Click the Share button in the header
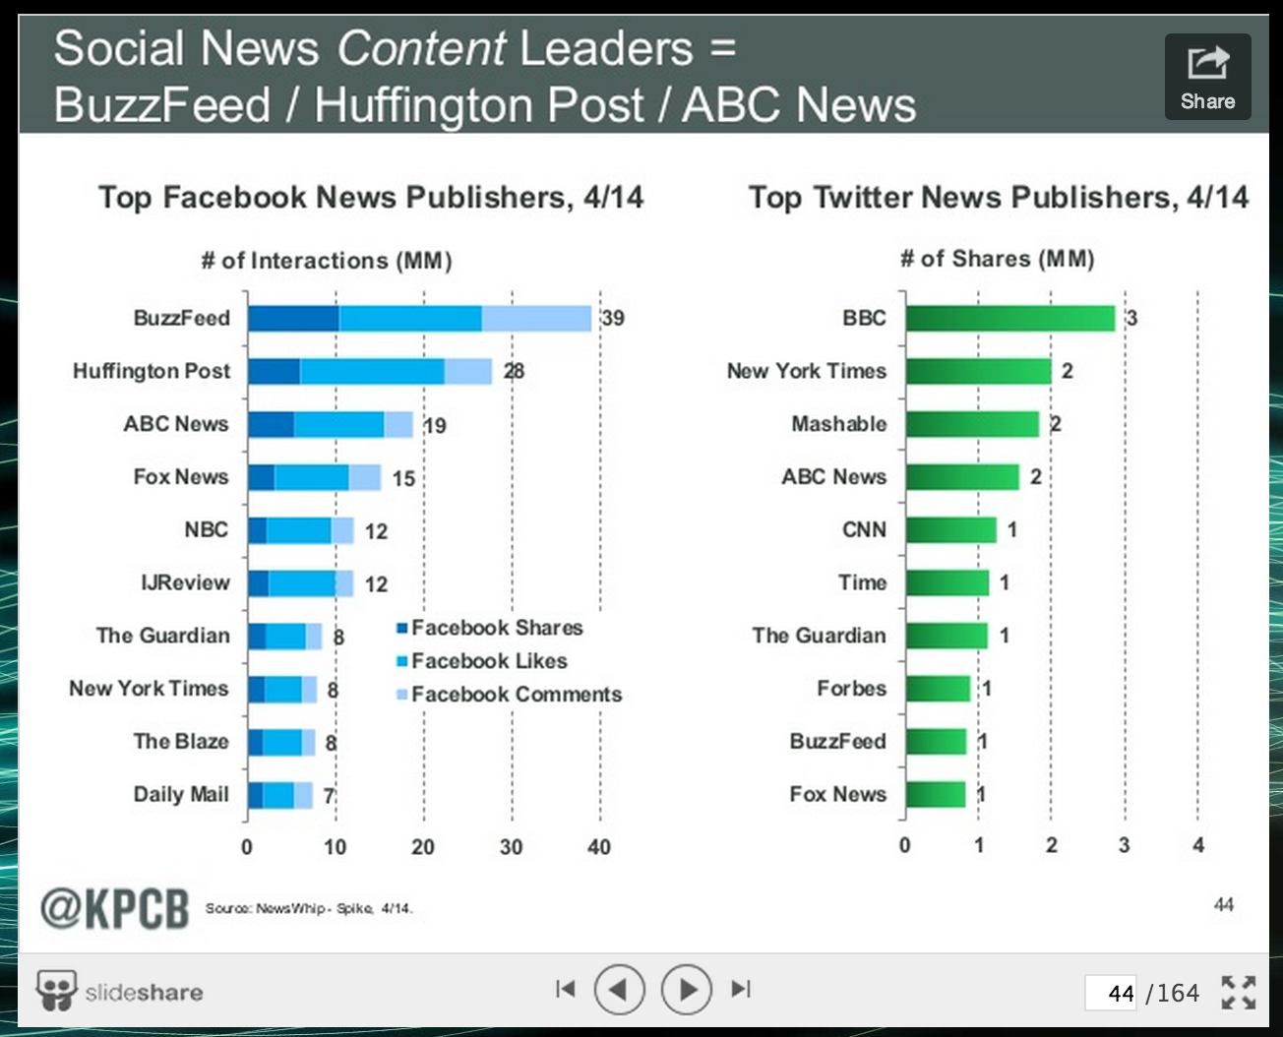tap(1207, 77)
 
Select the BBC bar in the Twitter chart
tap(1010, 318)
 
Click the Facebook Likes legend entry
tap(488, 661)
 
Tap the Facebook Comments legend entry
tap(516, 695)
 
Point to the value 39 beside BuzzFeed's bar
tap(613, 318)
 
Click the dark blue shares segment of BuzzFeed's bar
tap(293, 318)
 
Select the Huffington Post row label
tap(152, 371)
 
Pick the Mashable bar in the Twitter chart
tap(972, 424)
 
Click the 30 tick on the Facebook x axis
tap(511, 847)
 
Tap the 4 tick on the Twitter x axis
tap(1197, 845)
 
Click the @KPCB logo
tap(114, 907)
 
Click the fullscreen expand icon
tap(1238, 992)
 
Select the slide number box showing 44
tap(1113, 993)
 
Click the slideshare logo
tap(119, 991)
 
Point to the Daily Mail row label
tap(181, 794)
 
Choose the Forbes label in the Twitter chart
tap(851, 689)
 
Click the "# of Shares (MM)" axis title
tap(997, 259)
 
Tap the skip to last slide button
tap(741, 989)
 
